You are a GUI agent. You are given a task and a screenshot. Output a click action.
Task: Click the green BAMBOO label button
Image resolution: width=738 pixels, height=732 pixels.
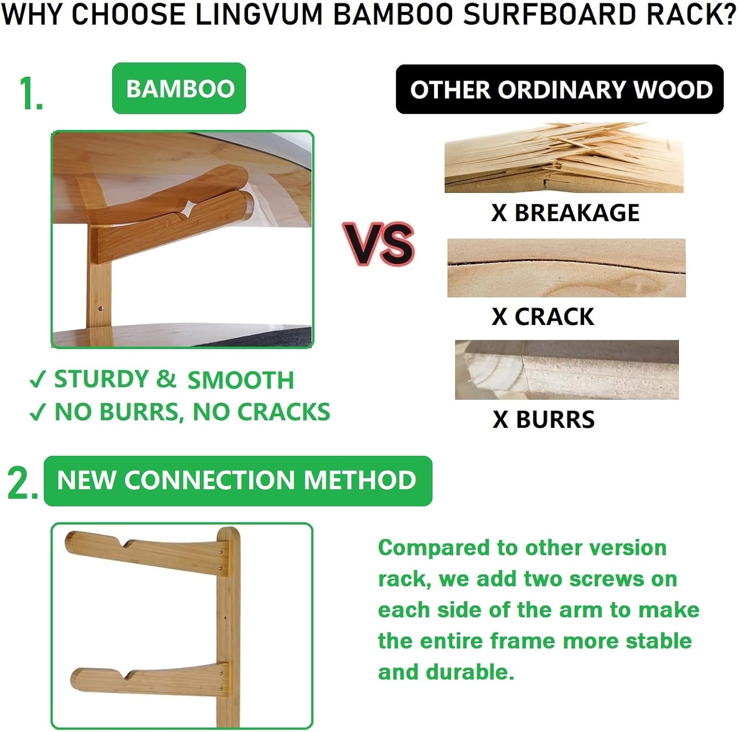pyautogui.click(x=179, y=89)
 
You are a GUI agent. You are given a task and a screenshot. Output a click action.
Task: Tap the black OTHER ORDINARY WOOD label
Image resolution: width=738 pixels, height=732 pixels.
pyautogui.click(x=560, y=90)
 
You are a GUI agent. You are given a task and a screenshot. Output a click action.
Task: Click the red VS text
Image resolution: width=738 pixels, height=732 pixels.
pyautogui.click(x=379, y=244)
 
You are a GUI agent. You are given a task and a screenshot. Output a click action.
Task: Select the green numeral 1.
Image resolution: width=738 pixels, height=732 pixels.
pyautogui.click(x=31, y=94)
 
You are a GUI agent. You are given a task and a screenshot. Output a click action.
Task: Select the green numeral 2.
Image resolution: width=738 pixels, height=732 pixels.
pyautogui.click(x=22, y=483)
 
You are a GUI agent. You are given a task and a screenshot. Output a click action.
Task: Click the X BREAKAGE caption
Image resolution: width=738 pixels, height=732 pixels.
pyautogui.click(x=565, y=213)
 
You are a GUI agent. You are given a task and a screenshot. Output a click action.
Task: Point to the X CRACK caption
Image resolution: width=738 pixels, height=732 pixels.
pyautogui.click(x=543, y=317)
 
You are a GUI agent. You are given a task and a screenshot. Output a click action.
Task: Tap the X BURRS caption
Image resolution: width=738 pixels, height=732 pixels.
pyautogui.click(x=544, y=419)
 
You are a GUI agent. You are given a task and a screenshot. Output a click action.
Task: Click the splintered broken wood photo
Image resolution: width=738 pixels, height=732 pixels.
pyautogui.click(x=564, y=158)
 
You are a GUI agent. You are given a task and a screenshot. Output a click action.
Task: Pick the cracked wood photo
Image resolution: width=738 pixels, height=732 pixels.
pyautogui.click(x=566, y=268)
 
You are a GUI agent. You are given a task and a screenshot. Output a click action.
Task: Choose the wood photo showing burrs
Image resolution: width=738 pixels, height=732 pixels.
pyautogui.click(x=567, y=370)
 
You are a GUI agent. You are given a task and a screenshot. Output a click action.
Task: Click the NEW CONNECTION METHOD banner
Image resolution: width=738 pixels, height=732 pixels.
pyautogui.click(x=238, y=480)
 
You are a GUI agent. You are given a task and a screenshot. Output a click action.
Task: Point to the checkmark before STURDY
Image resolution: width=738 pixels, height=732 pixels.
pyautogui.click(x=37, y=380)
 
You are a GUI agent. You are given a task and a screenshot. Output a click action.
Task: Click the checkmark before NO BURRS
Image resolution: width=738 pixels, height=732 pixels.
pyautogui.click(x=37, y=412)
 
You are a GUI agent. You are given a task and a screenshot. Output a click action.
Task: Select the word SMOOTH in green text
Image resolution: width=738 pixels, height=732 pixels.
pyautogui.click(x=241, y=380)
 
